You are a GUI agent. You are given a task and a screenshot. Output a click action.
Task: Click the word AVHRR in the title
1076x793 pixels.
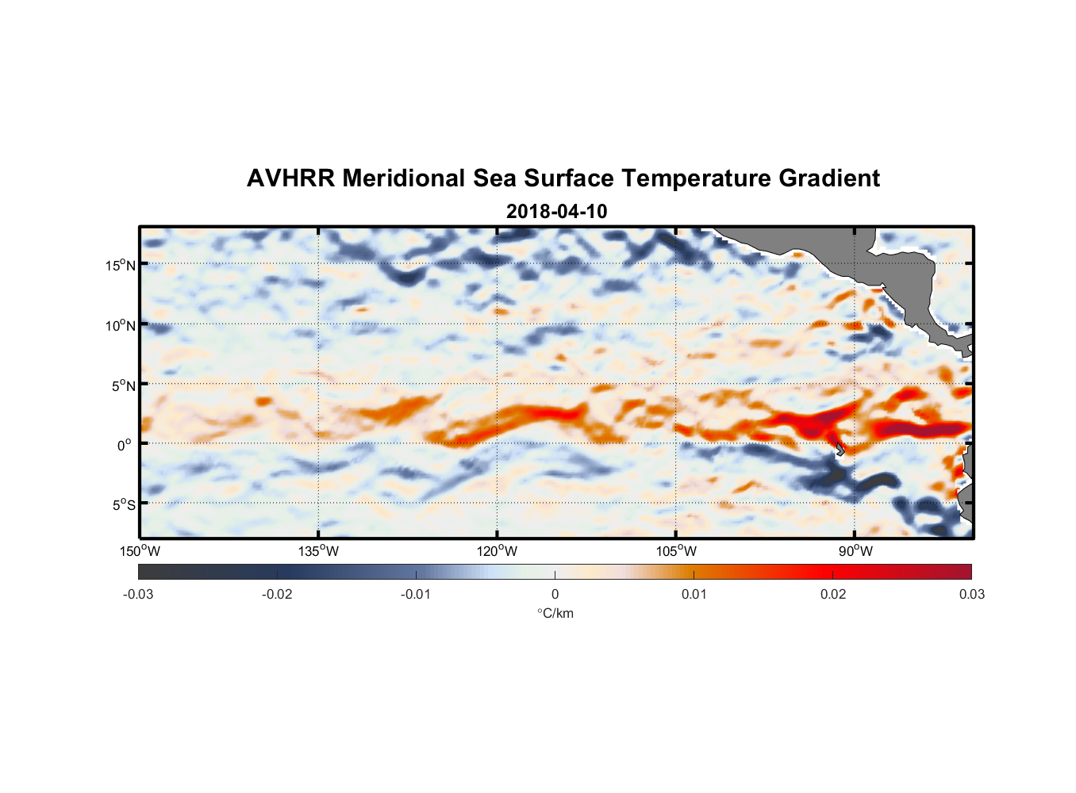(x=290, y=178)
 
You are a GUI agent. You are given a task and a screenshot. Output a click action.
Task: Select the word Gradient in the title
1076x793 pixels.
(x=828, y=178)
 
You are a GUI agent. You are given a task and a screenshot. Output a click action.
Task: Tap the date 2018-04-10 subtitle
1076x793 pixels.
(x=556, y=212)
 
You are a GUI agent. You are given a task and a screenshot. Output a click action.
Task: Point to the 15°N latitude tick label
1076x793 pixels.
(x=120, y=265)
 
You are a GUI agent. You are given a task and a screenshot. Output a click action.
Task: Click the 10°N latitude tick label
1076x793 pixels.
(x=120, y=325)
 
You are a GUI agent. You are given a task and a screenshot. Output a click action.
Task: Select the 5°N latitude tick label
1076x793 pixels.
(x=122, y=385)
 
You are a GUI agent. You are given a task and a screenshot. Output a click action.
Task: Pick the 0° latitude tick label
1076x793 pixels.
(x=125, y=445)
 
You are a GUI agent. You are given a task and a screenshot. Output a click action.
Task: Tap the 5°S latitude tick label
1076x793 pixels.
(x=122, y=505)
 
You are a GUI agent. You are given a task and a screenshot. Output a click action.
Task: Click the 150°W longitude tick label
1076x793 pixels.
(x=140, y=551)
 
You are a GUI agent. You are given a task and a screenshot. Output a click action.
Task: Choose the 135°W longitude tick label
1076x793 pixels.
(x=318, y=551)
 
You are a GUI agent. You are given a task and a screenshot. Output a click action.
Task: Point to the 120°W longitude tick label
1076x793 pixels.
(x=497, y=551)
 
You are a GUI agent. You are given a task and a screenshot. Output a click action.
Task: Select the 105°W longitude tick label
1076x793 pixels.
(x=676, y=551)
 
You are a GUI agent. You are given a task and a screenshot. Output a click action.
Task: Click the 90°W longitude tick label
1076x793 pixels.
(x=855, y=551)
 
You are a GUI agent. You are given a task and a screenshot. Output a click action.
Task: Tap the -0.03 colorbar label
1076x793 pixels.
(x=138, y=594)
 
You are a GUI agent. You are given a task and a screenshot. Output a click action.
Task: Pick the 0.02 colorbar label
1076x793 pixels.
(x=833, y=594)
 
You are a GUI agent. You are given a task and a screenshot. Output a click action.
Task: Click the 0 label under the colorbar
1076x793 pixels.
(x=555, y=594)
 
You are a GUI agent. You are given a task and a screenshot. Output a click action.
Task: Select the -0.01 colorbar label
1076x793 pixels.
(x=416, y=594)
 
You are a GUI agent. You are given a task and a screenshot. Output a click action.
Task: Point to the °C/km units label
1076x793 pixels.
(x=555, y=613)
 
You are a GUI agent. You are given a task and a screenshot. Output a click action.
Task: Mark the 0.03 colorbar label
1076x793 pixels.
(x=971, y=594)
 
